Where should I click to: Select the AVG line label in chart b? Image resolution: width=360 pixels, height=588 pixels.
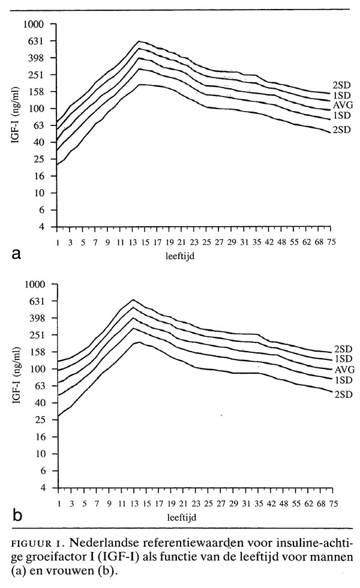(344, 370)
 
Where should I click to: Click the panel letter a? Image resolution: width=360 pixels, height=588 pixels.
(17, 253)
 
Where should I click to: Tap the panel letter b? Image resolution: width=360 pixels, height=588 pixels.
(17, 515)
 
